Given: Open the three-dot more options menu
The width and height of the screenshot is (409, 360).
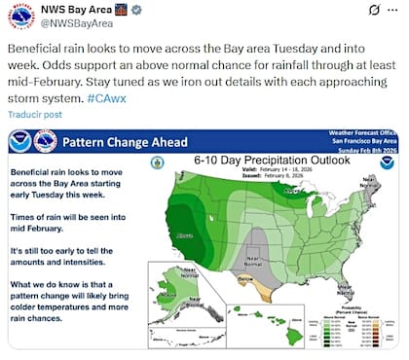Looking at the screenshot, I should click(393, 10).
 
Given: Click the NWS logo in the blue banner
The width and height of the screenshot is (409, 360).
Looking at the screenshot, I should click(45, 142).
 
